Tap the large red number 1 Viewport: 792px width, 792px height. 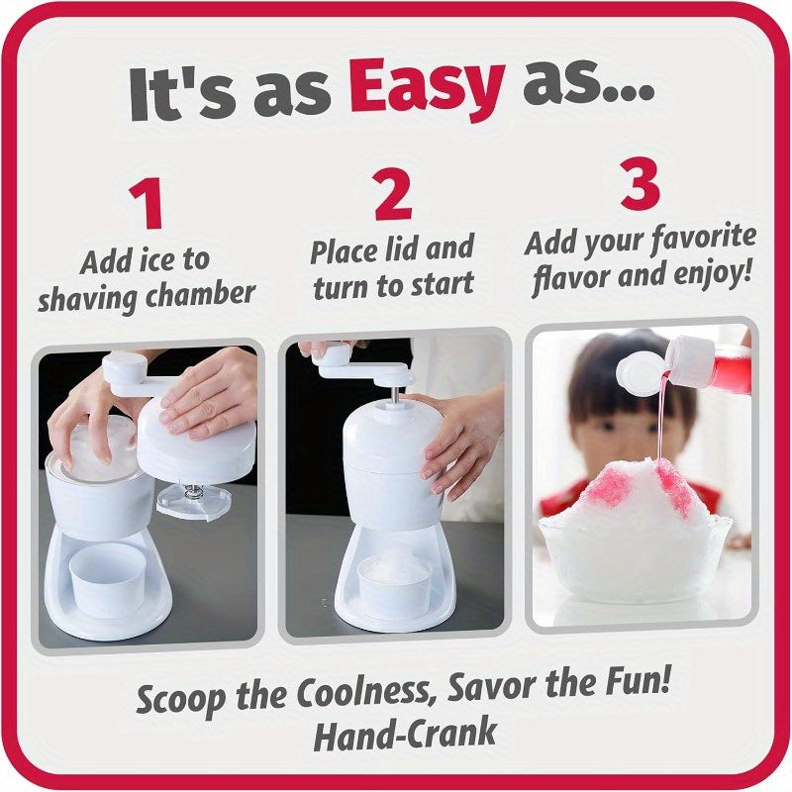pos(147,203)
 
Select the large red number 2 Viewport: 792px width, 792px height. pos(393,194)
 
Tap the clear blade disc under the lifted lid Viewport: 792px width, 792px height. pos(194,500)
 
